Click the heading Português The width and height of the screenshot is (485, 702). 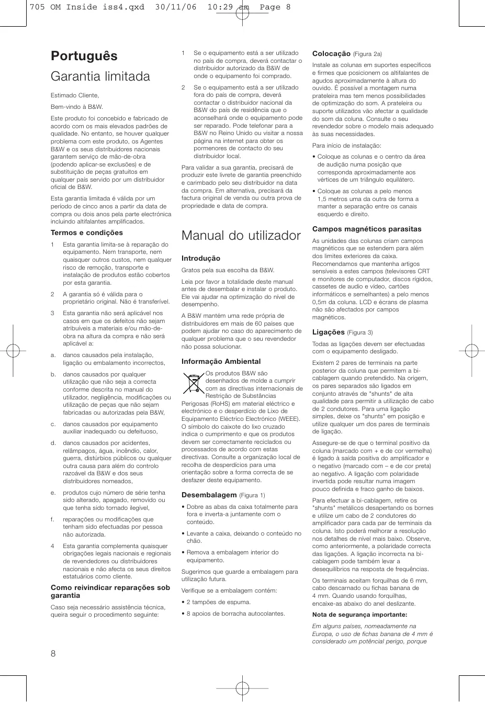[x=84, y=56]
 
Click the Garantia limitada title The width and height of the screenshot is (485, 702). [x=100, y=76]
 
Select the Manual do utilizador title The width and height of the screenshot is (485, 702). [x=241, y=236]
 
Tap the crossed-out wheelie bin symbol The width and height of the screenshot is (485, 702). [x=193, y=383]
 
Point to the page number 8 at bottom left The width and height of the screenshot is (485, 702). [x=53, y=653]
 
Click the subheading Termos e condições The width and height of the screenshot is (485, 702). [x=86, y=233]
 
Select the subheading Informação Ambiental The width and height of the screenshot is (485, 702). [x=221, y=362]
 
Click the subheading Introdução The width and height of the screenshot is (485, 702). [x=201, y=259]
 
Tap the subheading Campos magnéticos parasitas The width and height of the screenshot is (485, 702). [x=367, y=229]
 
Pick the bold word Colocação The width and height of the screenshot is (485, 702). [x=331, y=54]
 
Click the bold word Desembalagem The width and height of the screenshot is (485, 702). [x=209, y=495]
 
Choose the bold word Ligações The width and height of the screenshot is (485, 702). [x=329, y=332]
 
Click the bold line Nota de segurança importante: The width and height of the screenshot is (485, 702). [x=359, y=615]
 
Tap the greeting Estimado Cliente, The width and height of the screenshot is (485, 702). [x=75, y=95]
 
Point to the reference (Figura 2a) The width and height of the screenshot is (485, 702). [x=368, y=54]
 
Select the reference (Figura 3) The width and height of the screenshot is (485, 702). [x=360, y=333]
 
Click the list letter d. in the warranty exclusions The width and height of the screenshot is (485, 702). [x=53, y=443]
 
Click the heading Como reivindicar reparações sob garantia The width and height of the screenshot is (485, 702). [x=110, y=592]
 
